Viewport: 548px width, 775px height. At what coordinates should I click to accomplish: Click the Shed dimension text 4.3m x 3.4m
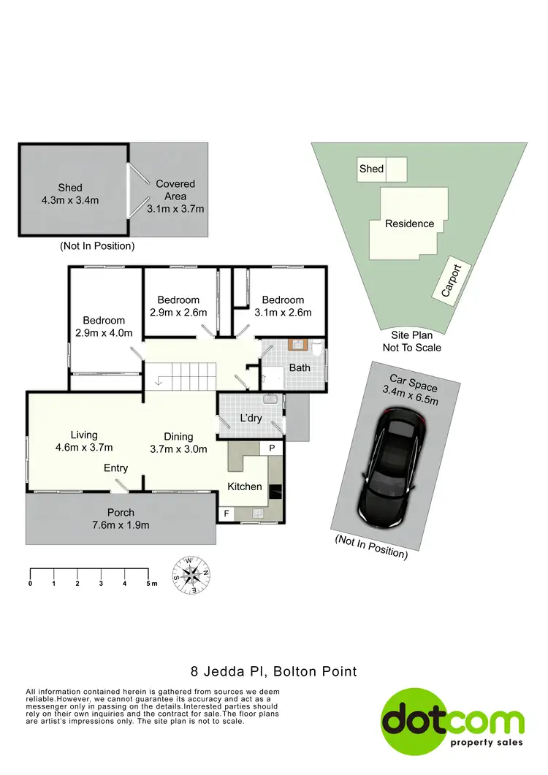click(x=69, y=200)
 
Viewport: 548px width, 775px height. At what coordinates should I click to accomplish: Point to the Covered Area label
click(x=175, y=190)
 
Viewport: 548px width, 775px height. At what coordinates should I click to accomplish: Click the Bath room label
click(x=300, y=367)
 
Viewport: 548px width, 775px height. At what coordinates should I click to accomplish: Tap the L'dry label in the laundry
click(x=251, y=419)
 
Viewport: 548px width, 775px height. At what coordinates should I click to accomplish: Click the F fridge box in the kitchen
click(x=227, y=514)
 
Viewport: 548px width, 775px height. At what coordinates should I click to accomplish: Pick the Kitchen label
click(x=245, y=486)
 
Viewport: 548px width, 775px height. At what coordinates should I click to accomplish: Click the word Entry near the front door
click(x=116, y=468)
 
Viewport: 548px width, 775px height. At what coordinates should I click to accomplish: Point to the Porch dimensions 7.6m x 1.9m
click(x=121, y=524)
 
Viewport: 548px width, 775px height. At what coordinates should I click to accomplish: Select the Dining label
click(x=178, y=435)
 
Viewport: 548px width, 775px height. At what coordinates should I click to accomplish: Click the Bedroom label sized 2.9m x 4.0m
click(x=104, y=320)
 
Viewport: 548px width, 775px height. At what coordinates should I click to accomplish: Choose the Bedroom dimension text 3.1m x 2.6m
click(x=283, y=312)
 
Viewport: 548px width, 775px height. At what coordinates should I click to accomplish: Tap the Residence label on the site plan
click(x=409, y=224)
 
